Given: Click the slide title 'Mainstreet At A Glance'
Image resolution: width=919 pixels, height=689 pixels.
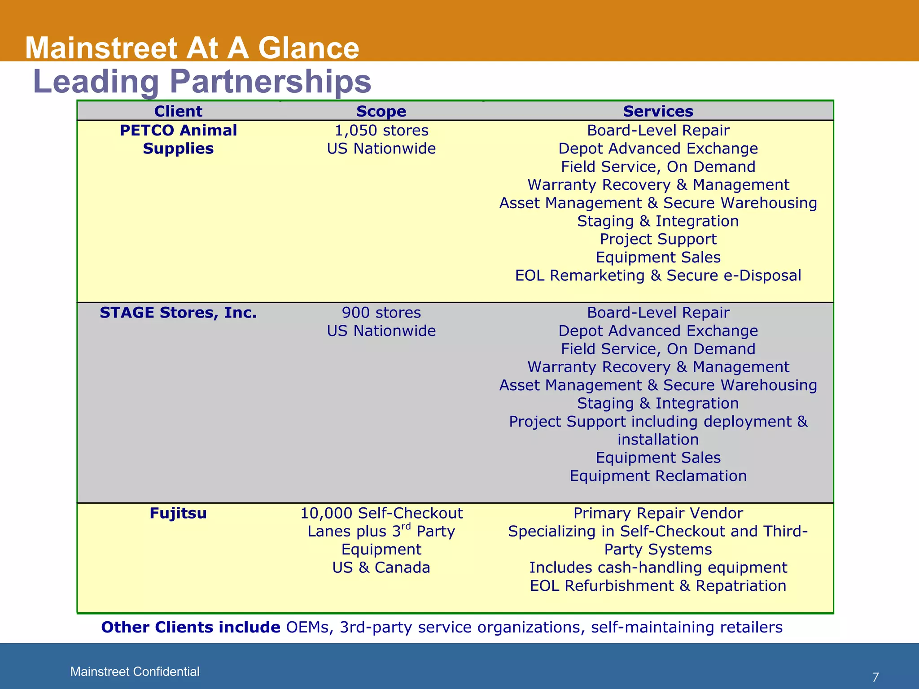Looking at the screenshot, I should coord(192,48).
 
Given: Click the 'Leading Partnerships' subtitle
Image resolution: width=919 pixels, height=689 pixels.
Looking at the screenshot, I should coord(202,81).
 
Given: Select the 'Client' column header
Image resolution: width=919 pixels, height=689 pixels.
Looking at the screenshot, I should coord(178,111).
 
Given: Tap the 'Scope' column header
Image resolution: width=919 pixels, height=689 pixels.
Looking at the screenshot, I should coord(381,111).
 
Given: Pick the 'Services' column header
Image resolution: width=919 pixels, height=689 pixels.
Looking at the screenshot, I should coord(658,111).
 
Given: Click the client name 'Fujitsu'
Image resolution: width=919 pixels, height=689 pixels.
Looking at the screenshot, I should coord(178,513).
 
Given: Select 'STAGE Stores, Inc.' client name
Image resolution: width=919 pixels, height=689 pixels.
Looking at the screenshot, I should coord(178,312).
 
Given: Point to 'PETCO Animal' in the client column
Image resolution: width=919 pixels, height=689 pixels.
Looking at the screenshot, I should coord(178,130).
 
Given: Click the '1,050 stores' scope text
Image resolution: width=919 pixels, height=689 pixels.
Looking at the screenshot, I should coord(381,130).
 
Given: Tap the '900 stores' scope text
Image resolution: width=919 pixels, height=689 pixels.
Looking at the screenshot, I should coord(381,312).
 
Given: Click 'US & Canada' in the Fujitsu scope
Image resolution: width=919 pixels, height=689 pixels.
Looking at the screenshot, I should coord(381,567).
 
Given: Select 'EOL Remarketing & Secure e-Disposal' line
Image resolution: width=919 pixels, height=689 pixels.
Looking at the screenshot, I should coord(658,275).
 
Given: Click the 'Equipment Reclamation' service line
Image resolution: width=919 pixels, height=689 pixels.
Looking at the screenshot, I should coord(658,475).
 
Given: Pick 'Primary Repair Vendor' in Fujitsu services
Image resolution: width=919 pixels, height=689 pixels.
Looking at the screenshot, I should coord(658,513).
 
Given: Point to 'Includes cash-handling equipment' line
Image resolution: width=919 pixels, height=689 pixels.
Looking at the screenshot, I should coord(658,567).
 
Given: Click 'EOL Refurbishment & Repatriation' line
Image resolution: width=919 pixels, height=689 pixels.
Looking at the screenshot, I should coord(658,585).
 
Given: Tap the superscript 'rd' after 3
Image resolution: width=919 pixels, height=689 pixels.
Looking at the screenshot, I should coord(406,526).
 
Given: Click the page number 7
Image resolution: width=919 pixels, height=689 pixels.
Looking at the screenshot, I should coord(875,677).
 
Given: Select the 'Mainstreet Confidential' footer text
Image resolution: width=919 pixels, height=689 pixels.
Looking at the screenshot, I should coord(135,672).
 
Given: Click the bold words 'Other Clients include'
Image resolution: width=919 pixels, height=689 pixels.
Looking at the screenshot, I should coord(191,627).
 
